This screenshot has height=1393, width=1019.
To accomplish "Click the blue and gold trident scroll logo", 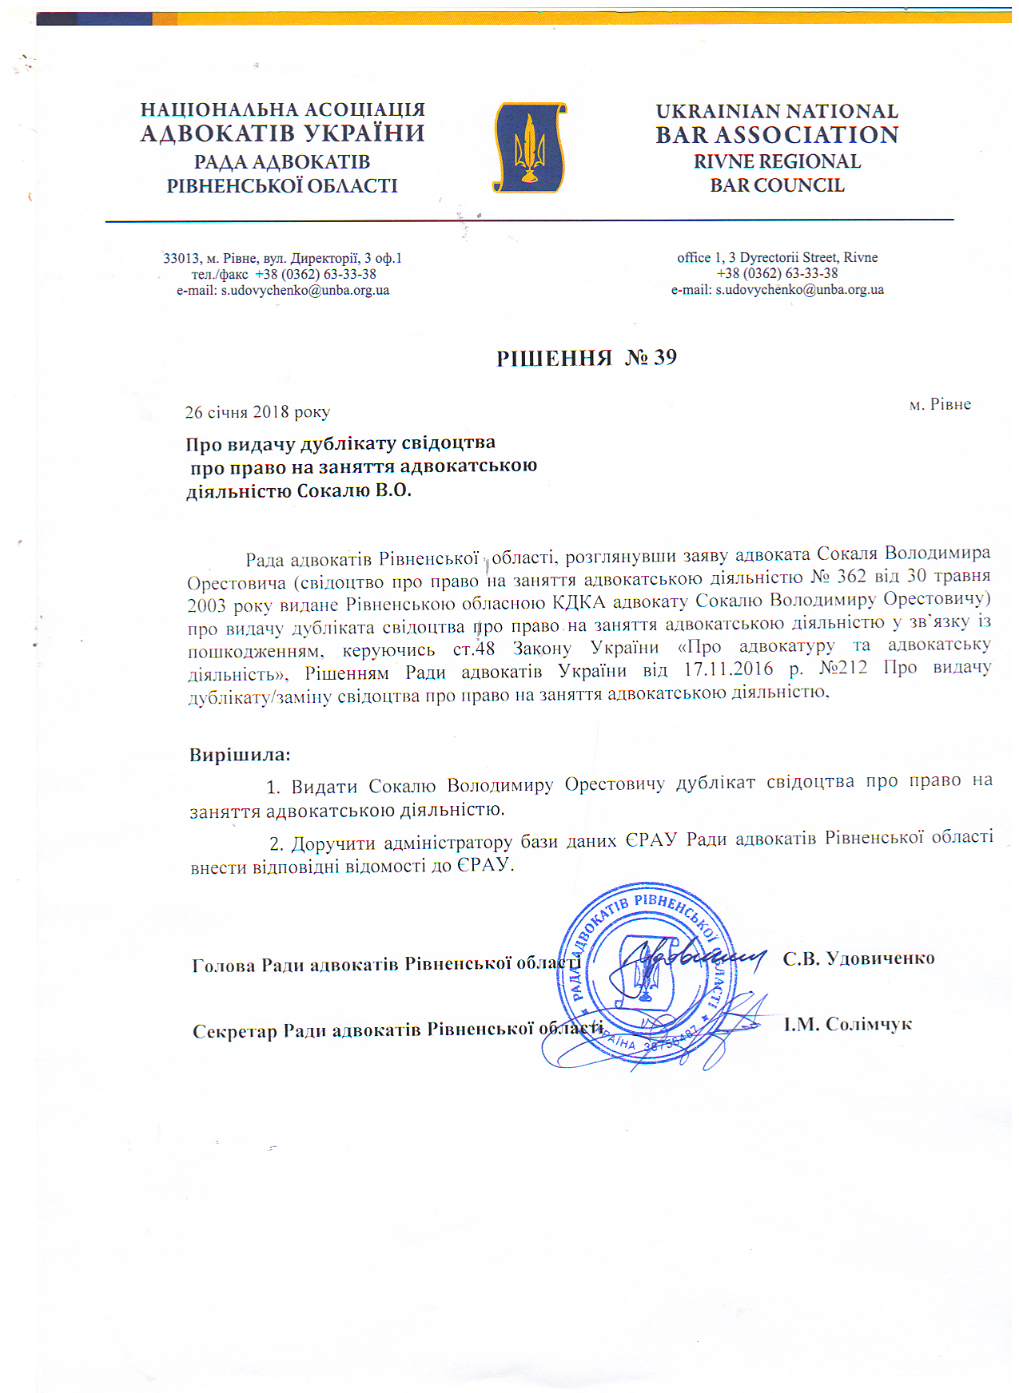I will (530, 148).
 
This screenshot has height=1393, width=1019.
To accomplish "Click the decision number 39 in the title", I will (665, 357).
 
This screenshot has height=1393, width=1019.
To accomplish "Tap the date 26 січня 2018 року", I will (257, 412).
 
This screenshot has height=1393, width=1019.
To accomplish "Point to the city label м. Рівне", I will (940, 404).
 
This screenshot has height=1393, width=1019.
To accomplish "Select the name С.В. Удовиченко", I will (858, 958).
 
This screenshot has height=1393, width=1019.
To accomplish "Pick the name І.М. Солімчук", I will (847, 1024).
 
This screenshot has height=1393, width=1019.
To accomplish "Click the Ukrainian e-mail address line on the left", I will (283, 291).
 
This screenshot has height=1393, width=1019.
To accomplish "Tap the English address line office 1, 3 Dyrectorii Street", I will (777, 257).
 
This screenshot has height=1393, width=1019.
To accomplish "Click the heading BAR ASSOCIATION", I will (777, 135).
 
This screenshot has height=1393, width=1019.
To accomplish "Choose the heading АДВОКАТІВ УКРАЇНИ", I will (282, 133).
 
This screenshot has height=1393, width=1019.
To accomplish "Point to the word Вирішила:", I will (240, 755).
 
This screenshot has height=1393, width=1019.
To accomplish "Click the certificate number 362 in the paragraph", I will (851, 576).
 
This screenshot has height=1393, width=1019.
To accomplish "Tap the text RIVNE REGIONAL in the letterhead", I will (777, 161).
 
